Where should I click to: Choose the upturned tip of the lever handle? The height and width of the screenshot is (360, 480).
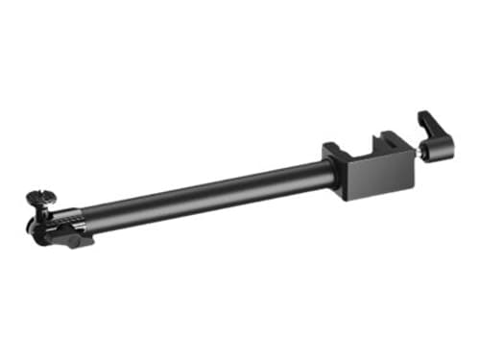pos(423,116)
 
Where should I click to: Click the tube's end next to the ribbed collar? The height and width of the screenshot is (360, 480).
pos(91,220)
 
